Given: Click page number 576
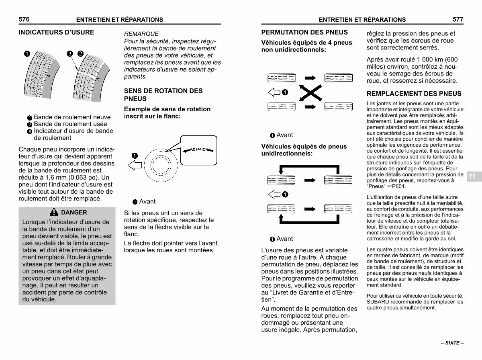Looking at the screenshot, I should coord(25,19).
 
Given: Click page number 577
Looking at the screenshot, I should coord(457,19).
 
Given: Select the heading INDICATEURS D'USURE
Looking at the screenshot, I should coord(56,32).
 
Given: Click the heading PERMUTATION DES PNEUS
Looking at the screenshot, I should coord(304,32).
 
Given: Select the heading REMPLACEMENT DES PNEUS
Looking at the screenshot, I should coord(414,94).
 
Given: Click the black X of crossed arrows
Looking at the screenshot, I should coord(310,92).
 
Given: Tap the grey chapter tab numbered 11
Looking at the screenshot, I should coord(472,176).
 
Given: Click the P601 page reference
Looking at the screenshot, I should coord(400,186).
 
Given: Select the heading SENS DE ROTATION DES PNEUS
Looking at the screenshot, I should coord(163,95).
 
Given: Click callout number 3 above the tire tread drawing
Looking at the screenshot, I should coord(69,53).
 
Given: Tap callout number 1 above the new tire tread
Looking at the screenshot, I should coord(27,53).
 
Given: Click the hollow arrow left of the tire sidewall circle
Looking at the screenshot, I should coord(135,164).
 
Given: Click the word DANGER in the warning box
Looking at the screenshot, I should coord(74,213).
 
